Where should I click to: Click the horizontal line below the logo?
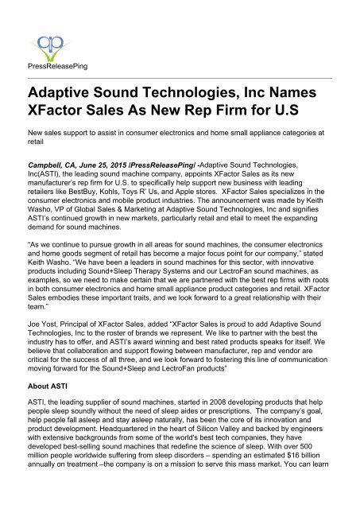180,76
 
